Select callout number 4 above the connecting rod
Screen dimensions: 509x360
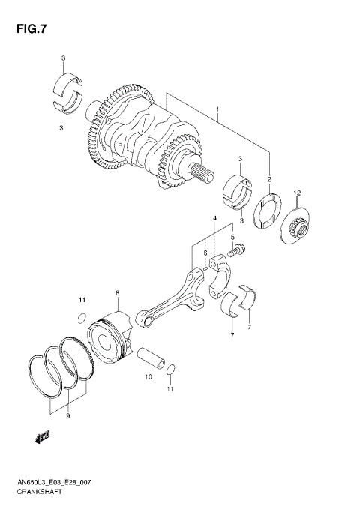pyautogui.click(x=214, y=218)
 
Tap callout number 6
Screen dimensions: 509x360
pyautogui.click(x=205, y=253)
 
